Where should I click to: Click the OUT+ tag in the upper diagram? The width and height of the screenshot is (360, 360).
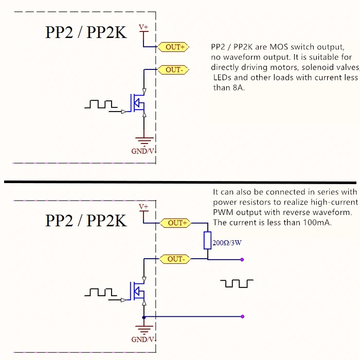174,47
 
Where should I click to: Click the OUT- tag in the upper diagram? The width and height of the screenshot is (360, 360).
174,69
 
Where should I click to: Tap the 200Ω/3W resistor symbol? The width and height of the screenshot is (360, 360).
207,240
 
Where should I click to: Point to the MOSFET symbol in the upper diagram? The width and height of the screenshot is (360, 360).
138,103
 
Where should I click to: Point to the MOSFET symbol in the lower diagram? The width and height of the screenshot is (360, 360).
138,292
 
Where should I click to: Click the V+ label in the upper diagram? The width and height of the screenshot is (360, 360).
144,27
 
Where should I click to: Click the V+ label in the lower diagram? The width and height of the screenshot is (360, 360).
144,207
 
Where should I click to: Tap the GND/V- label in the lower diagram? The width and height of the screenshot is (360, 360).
143,339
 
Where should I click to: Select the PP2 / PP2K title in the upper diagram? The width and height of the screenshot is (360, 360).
86,32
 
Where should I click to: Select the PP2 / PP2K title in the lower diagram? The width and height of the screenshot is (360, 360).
86,220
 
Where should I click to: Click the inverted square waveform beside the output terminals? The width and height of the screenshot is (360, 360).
237,283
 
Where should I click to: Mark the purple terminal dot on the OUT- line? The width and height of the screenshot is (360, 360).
242,259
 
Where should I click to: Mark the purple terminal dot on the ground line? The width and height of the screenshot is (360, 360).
242,317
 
